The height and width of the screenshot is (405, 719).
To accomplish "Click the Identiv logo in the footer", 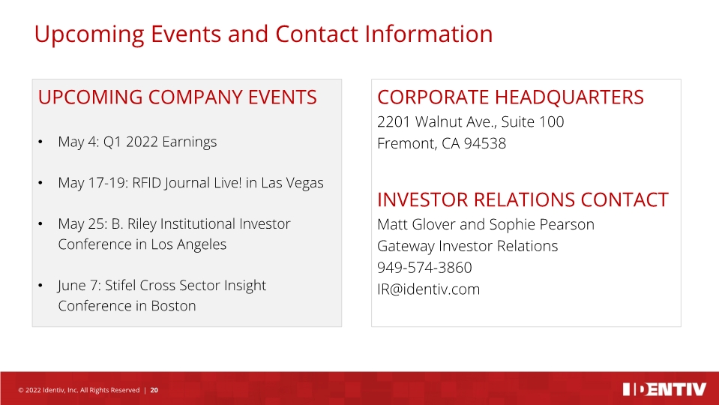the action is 664,389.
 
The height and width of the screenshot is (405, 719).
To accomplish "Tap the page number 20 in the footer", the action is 154,390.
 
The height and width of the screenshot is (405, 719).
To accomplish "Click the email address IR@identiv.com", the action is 428,289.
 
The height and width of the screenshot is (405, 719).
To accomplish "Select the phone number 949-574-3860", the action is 424,268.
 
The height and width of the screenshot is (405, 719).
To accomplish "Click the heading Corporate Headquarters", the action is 511,97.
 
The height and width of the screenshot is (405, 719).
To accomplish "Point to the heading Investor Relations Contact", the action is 523,200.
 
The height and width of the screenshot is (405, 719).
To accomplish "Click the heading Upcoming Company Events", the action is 178,97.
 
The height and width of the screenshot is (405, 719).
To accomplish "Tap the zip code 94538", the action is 484,143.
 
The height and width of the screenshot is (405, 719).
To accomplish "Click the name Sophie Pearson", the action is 541,224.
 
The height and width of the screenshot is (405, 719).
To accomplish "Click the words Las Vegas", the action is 292,183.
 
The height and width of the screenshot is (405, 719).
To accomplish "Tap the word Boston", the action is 173,306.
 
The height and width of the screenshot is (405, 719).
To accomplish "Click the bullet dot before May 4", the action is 40,142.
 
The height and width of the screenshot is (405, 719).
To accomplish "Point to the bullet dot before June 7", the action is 40,286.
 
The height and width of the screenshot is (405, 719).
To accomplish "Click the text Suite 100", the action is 532,121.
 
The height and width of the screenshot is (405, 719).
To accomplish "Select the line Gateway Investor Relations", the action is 468,246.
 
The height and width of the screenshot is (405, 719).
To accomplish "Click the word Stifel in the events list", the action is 121,285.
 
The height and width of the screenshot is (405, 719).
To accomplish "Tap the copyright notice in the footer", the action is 79,390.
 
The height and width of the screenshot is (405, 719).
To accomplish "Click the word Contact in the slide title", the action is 316,34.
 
